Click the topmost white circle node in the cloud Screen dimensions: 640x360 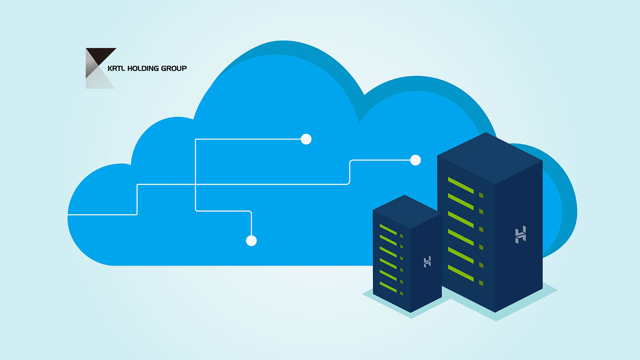[x=306, y=139]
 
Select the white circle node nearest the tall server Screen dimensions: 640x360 [x=416, y=160]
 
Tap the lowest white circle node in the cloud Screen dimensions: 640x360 [x=252, y=240]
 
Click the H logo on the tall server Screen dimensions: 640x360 [x=520, y=234]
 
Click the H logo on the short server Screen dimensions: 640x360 [x=427, y=262]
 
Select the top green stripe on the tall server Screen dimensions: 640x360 [x=461, y=185]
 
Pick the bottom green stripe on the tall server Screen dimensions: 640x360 [x=461, y=273]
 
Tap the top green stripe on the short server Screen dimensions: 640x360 [x=388, y=230]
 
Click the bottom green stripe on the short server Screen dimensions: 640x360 [x=388, y=287]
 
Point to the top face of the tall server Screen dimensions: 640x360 [x=490, y=158]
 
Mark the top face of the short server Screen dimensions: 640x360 [x=407, y=212]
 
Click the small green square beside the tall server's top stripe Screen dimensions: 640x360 [x=481, y=195]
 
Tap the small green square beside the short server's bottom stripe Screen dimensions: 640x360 [x=402, y=294]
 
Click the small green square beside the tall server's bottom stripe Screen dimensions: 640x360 [x=481, y=283]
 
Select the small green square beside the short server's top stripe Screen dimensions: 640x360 [x=402, y=236]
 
